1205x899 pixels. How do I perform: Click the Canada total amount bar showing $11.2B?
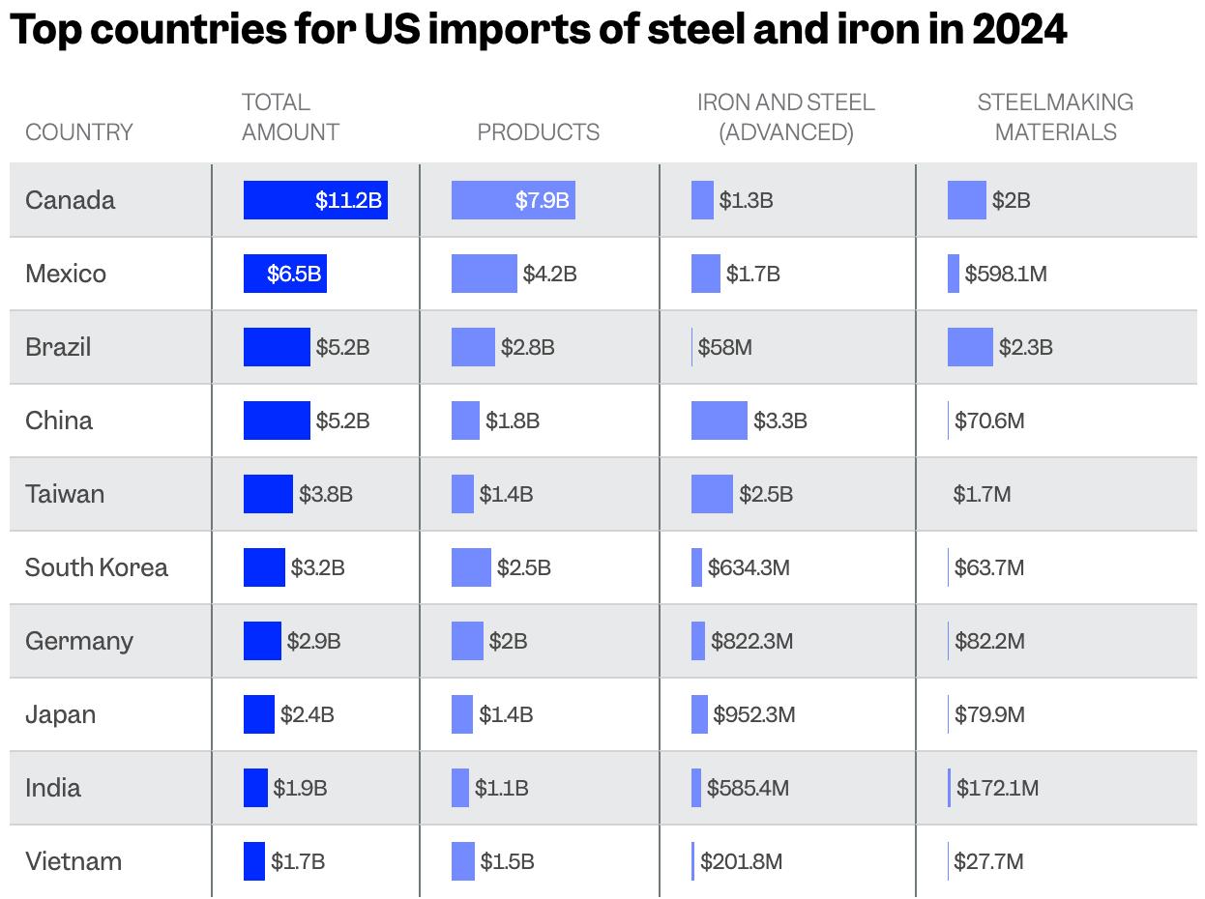[x=315, y=200]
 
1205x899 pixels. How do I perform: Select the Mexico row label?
[x=66, y=274]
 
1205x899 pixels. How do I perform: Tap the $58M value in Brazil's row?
[x=724, y=347]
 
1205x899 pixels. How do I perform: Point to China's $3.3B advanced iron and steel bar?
[x=719, y=420]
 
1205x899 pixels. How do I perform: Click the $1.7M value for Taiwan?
[x=982, y=494]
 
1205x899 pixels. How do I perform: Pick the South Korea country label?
[x=97, y=567]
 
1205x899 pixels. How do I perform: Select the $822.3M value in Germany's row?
[x=751, y=641]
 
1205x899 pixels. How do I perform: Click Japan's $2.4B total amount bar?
[x=258, y=714]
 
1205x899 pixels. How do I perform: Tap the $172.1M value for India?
[x=997, y=788]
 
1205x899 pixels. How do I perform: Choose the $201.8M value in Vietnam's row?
[x=741, y=861]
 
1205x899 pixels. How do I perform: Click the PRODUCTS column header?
[x=539, y=132]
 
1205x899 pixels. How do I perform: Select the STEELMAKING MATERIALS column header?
[x=1055, y=117]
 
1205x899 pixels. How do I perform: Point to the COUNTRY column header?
[x=79, y=132]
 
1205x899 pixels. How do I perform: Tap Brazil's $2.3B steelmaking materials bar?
[x=970, y=347]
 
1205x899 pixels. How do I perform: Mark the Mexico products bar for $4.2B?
[x=484, y=274]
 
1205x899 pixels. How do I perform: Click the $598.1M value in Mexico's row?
[x=1006, y=274]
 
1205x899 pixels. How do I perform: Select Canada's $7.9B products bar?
[x=513, y=200]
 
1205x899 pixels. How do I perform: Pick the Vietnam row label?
[x=73, y=861]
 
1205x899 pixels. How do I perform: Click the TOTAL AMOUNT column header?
[x=290, y=117]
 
